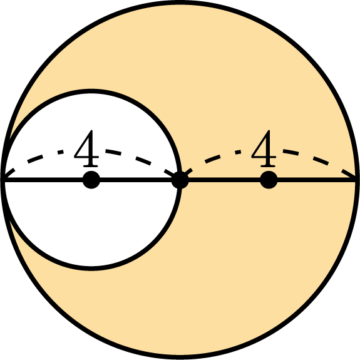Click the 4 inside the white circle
click(86, 148)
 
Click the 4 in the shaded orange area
click(264, 148)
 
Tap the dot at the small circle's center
click(91, 180)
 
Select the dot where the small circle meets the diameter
click(180, 180)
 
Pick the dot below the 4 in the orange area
click(269, 180)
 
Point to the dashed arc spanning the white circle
click(91, 150)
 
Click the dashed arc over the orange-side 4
click(269, 150)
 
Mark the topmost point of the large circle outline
click(180, 3)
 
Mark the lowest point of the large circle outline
click(180, 357)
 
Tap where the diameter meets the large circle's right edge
click(357, 180)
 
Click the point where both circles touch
click(3, 180)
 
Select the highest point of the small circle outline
click(91, 91)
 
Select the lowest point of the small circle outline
click(91, 269)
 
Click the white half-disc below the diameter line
click(91, 220)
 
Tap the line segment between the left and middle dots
click(135, 180)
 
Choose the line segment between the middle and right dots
click(224, 180)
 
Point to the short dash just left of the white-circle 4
click(61, 152)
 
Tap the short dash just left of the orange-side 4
click(238, 152)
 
